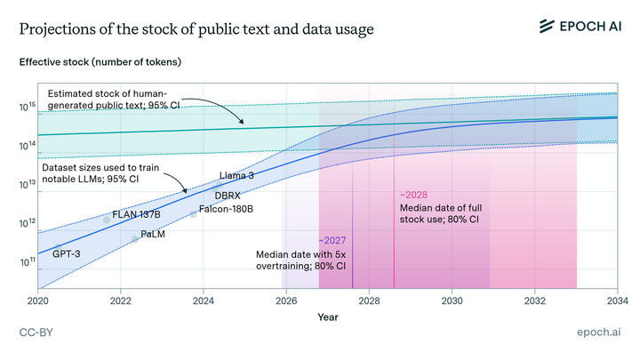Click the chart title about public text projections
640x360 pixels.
[196, 28]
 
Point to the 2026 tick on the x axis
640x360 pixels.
[286, 301]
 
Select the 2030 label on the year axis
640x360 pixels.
[452, 301]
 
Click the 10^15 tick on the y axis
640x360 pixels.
[27, 106]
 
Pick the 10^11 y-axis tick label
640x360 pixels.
[27, 263]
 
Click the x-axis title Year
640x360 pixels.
[328, 316]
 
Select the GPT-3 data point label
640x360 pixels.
[68, 254]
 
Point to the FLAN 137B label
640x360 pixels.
[136, 215]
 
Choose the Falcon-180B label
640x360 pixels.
[226, 209]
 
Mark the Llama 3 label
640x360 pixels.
[236, 176]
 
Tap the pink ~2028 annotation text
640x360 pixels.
[416, 194]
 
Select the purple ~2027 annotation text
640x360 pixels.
[332, 240]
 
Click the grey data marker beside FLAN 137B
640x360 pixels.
[107, 220]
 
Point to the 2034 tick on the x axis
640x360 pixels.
[617, 301]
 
